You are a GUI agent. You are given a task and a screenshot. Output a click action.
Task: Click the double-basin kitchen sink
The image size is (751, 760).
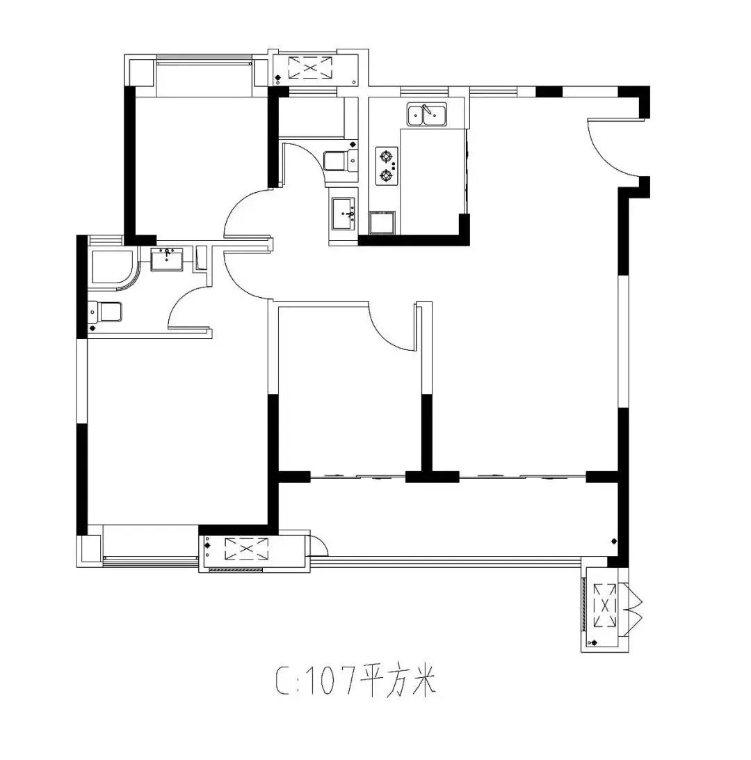(x=427, y=114)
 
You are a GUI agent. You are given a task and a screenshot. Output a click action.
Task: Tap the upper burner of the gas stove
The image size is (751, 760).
(x=386, y=156)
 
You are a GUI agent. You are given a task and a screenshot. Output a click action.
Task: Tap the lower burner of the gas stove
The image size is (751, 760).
(x=386, y=175)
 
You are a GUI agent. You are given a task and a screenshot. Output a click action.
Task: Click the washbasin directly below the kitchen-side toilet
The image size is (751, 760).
(x=344, y=213)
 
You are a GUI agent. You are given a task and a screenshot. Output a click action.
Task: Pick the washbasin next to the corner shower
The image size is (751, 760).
(x=167, y=259)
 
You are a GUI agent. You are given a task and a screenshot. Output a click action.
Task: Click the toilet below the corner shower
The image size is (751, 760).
(x=105, y=312)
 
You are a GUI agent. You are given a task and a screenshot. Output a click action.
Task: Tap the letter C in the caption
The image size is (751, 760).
(x=282, y=681)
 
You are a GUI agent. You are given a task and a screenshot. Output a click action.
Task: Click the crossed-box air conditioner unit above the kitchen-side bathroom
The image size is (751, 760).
(x=311, y=68)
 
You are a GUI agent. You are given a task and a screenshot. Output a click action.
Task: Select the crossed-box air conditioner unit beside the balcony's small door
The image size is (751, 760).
(x=246, y=549)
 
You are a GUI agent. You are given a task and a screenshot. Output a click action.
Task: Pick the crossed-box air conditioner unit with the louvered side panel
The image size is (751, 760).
(x=605, y=606)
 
